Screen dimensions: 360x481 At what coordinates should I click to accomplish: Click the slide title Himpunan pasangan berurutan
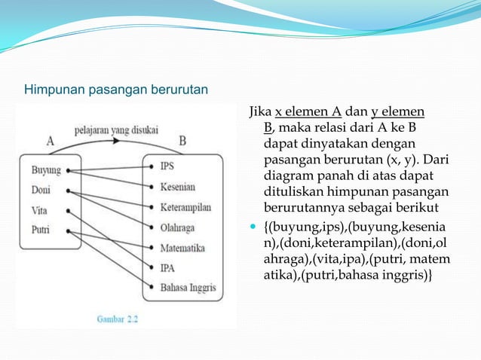pos(116,91)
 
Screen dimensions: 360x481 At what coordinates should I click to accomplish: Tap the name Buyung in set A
pos(46,170)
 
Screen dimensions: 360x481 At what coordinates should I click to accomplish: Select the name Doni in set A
pos(41,191)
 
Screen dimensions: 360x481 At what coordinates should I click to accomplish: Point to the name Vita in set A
pos(39,211)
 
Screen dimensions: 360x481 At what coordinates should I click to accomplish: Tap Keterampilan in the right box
pos(185,206)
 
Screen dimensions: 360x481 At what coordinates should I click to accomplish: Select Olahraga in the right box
pos(179,227)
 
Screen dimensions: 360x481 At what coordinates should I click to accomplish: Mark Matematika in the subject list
pos(183,247)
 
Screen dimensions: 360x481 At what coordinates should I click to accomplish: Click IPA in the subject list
pos(167,267)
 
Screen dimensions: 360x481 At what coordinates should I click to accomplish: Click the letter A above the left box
pos(51,141)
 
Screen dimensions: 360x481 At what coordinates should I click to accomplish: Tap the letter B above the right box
pos(183,141)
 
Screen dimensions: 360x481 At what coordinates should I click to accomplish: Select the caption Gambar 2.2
pos(118,319)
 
